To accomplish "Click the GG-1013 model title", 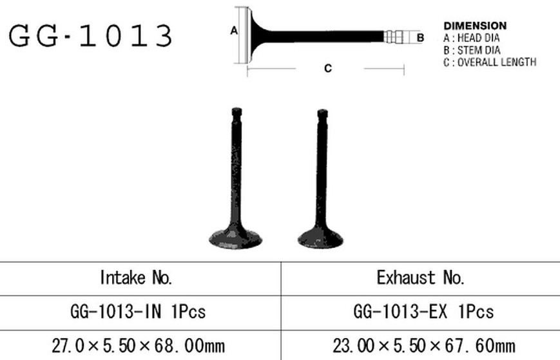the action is click(91, 35).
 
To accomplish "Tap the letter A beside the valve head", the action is click(234, 31).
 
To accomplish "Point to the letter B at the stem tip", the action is click(420, 37).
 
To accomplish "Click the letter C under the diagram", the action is click(328, 68).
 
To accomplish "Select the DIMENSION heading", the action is click(475, 26).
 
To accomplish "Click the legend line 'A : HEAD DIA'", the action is click(472, 38).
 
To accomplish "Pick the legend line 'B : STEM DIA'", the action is click(472, 50).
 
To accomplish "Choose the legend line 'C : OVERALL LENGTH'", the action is click(490, 62).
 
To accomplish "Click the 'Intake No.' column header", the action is click(136, 278).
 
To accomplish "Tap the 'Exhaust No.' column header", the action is click(420, 278).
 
